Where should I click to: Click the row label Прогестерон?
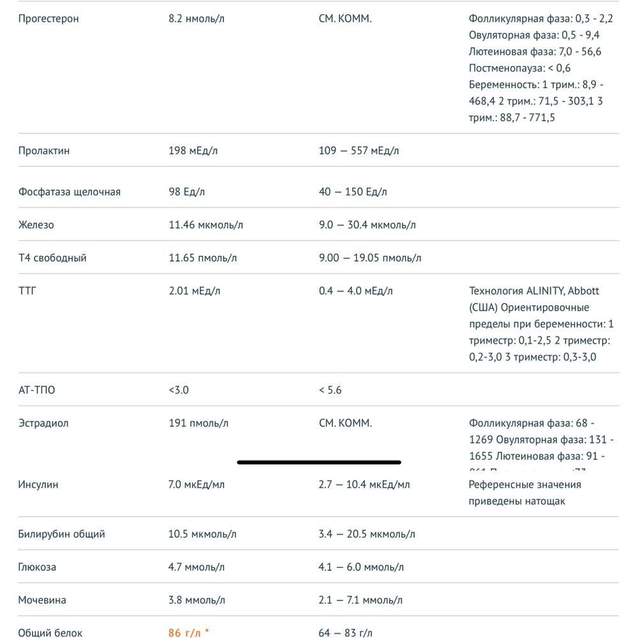[x=48, y=19]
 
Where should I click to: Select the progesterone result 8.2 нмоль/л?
[x=196, y=19]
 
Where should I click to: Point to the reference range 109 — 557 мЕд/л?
[x=359, y=151]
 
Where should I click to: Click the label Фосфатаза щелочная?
[x=69, y=191]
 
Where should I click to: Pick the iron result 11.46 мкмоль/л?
[x=205, y=225]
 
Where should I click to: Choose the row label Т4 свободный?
[x=52, y=258]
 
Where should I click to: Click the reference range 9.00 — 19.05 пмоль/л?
[x=369, y=258]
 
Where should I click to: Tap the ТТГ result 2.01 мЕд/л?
[x=195, y=291]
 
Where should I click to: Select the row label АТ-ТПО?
[x=36, y=390]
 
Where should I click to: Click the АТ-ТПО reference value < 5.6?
[x=330, y=390]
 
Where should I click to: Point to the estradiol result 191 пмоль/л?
[x=198, y=423]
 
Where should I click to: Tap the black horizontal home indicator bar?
[x=318, y=462]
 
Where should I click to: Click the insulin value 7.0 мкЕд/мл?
[x=196, y=484]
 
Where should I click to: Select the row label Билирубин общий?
[x=61, y=534]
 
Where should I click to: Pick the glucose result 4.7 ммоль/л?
[x=196, y=567]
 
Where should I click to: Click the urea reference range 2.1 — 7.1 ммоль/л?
[x=361, y=600]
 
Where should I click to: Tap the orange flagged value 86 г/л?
[x=184, y=633]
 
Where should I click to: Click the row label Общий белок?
[x=50, y=633]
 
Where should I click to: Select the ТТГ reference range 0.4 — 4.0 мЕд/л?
[x=355, y=291]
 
